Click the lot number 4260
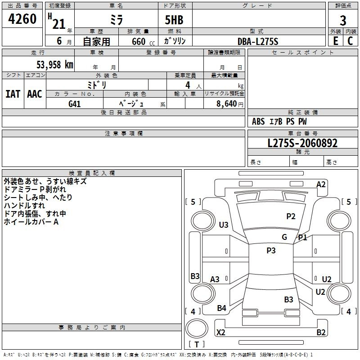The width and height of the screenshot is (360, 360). tap(22, 19)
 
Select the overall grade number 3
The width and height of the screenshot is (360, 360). tap(343, 21)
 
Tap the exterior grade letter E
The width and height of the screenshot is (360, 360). tap(335, 41)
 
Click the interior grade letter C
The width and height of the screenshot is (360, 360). tap(350, 41)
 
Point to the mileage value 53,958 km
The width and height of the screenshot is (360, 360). tap(55, 65)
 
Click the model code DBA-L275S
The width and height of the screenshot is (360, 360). tap(258, 41)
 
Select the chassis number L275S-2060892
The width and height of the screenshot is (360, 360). tap(302, 143)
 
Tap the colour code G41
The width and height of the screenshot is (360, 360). tap(74, 104)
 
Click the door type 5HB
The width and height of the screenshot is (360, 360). tap(174, 20)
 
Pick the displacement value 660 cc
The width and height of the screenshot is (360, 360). tap(143, 41)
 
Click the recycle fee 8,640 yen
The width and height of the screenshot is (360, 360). tap(229, 104)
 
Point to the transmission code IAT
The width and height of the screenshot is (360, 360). tap(13, 94)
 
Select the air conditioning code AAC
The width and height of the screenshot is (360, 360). tap(35, 94)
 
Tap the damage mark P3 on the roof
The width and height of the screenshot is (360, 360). tap(271, 250)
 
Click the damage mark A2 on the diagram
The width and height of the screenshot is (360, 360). tap(321, 184)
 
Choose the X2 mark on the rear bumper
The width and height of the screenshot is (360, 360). tap(220, 332)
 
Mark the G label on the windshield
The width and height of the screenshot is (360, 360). tap(284, 237)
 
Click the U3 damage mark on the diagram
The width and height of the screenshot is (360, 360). tap(224, 225)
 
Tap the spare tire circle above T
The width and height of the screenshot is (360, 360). tap(197, 328)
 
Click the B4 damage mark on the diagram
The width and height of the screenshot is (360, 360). tap(221, 308)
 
